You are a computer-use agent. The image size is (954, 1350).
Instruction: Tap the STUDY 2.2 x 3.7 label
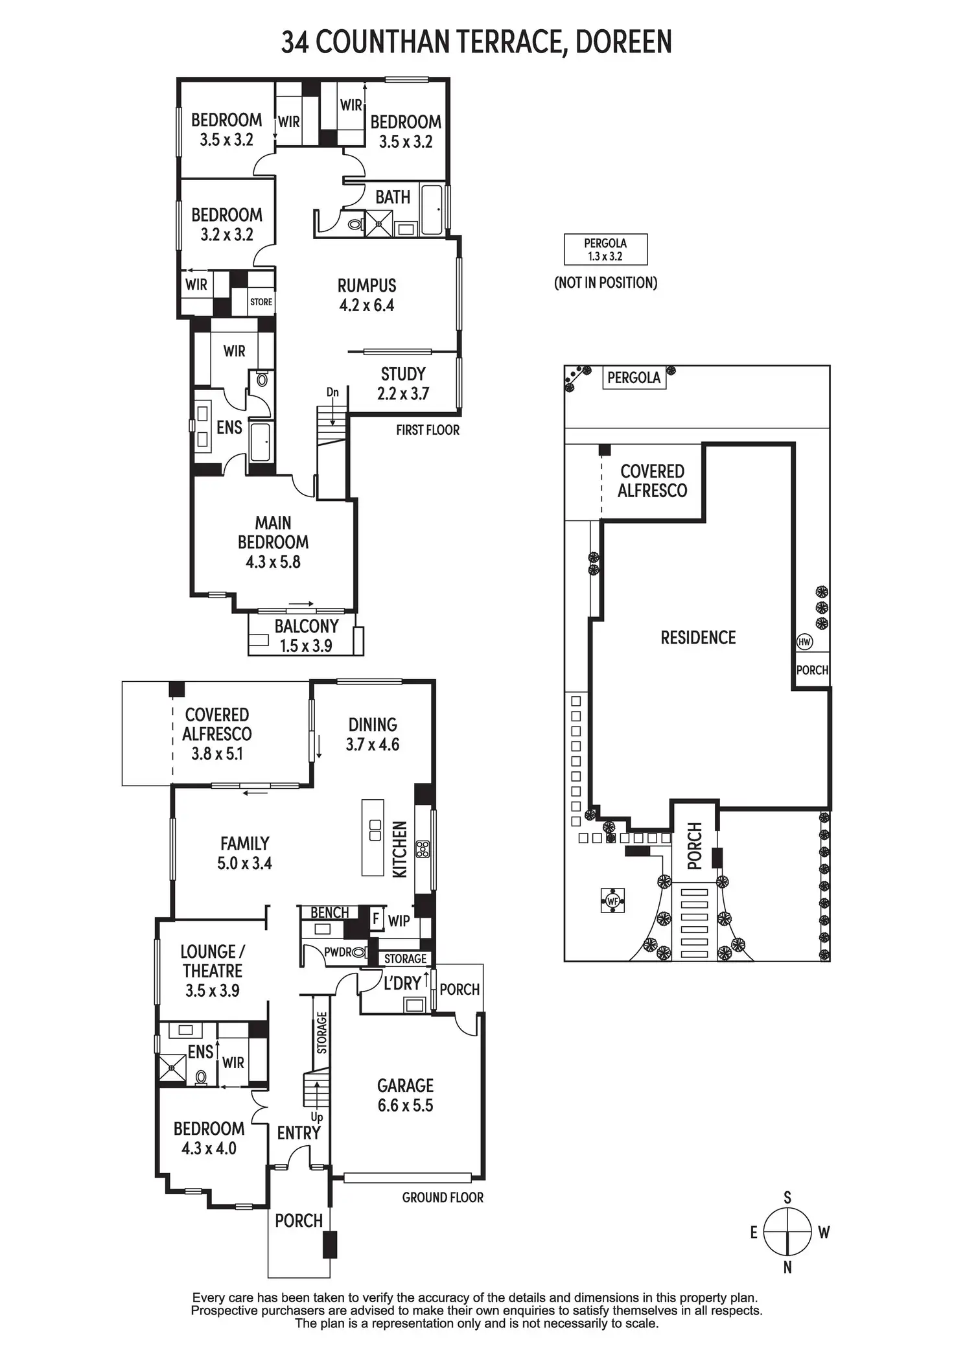[x=402, y=384]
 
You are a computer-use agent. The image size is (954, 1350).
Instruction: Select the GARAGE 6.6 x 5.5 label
[x=405, y=1095]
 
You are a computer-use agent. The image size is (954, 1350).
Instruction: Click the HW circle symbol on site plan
[x=804, y=642]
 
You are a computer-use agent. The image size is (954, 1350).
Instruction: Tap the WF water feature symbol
[x=612, y=900]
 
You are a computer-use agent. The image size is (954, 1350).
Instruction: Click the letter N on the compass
[x=787, y=1268]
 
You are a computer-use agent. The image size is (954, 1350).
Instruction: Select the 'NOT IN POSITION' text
[x=605, y=283]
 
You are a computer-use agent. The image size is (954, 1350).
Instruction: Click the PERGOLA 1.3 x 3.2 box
[x=605, y=250]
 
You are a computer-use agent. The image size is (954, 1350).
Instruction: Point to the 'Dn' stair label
[x=332, y=392]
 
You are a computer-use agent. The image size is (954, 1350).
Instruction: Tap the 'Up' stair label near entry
[x=317, y=1117]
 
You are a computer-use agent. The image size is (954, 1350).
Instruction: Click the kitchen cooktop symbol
[x=423, y=849]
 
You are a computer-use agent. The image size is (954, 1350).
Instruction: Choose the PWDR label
[x=338, y=952]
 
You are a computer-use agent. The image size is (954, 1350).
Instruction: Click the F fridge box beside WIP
[x=375, y=919]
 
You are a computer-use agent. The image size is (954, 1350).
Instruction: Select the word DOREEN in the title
[x=623, y=42]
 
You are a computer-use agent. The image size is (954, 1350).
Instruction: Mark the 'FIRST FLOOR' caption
[x=428, y=430]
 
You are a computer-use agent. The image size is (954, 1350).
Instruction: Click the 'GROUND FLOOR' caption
[x=443, y=1197]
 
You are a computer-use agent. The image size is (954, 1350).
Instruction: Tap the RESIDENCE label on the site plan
[x=698, y=638]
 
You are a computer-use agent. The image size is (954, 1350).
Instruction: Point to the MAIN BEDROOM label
[x=273, y=542]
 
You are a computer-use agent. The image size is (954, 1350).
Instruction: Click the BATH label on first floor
[x=393, y=197]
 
